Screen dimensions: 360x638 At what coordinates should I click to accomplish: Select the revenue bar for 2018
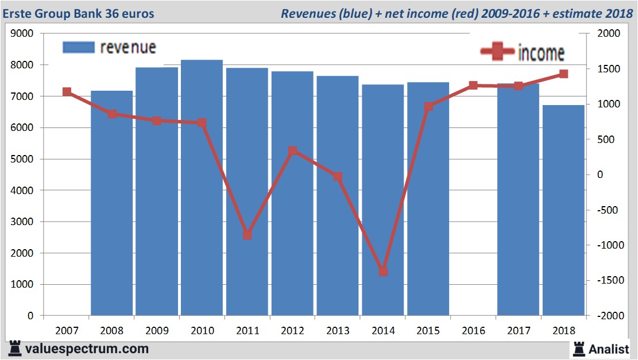[x=563, y=210]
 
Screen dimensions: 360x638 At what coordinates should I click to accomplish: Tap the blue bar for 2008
[x=111, y=203]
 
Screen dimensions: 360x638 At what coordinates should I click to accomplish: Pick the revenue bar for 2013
[x=338, y=196]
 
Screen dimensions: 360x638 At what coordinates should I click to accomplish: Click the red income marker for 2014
[x=383, y=272]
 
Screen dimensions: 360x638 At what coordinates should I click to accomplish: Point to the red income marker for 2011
[x=248, y=235]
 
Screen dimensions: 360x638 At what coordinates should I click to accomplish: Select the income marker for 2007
[x=67, y=92]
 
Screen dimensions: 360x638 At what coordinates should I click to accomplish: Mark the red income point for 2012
[x=292, y=151]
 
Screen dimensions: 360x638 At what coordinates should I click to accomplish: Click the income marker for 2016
[x=473, y=86]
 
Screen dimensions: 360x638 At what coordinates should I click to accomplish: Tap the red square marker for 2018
[x=563, y=74]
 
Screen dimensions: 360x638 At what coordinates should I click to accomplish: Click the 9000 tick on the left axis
[x=22, y=34]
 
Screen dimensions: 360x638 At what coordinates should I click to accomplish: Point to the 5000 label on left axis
[x=22, y=159]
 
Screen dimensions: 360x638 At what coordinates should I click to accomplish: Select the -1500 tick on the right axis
[x=609, y=280]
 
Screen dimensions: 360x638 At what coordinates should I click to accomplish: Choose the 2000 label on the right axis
[x=609, y=34]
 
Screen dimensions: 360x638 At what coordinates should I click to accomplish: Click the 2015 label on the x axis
[x=428, y=331]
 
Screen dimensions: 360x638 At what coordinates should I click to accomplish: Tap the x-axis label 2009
[x=157, y=331]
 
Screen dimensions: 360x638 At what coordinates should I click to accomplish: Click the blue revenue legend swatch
[x=78, y=47]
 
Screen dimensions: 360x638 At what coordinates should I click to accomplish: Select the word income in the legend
[x=541, y=53]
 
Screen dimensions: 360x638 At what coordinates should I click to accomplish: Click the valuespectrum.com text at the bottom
[x=86, y=349]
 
